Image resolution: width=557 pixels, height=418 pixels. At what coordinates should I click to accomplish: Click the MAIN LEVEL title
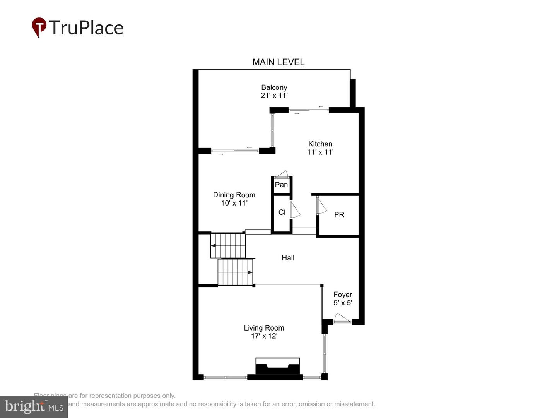278,62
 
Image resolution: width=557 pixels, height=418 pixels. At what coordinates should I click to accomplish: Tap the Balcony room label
274,87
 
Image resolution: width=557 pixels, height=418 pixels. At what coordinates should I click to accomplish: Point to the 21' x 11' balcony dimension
274,96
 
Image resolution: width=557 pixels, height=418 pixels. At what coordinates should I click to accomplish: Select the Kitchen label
320,144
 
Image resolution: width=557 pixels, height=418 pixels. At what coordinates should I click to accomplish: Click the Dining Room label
234,195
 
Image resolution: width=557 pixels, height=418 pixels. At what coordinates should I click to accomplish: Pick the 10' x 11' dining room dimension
234,203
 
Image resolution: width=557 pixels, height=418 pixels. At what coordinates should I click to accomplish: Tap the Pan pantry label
281,185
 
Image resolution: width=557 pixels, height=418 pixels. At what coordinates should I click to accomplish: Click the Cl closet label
282,212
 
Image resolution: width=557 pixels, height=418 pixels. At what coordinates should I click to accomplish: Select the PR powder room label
339,215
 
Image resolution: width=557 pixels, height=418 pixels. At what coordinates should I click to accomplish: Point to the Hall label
288,258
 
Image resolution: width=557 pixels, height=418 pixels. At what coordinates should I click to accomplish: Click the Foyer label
343,295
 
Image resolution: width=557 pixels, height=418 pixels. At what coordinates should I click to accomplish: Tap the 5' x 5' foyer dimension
343,303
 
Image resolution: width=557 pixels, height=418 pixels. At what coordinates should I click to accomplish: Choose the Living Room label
264,328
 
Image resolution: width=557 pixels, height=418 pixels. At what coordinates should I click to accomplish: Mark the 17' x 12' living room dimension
264,336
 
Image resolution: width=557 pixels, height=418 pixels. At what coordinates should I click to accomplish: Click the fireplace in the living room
277,368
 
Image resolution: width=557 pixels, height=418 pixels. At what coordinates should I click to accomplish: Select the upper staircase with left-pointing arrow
228,245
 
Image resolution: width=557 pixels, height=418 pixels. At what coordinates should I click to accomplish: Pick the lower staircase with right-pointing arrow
235,272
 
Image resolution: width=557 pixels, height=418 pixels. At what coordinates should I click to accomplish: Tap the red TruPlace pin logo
39,27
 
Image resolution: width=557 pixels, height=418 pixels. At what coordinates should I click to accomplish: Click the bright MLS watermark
34,407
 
